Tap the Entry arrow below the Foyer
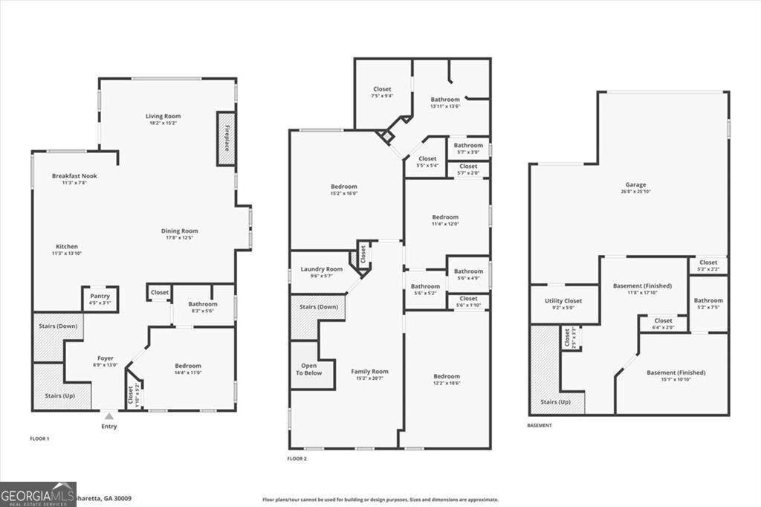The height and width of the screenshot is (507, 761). click(109, 417)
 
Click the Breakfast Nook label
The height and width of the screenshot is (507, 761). click(74, 176)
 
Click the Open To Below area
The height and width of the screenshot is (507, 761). click(305, 369)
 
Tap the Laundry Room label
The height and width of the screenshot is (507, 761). click(322, 269)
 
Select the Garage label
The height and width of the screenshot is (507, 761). click(635, 185)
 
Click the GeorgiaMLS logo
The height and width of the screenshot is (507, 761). click(38, 494)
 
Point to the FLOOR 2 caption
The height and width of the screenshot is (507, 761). click(297, 459)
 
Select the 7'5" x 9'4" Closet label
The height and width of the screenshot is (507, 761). click(382, 90)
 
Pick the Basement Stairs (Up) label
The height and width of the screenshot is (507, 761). click(556, 401)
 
